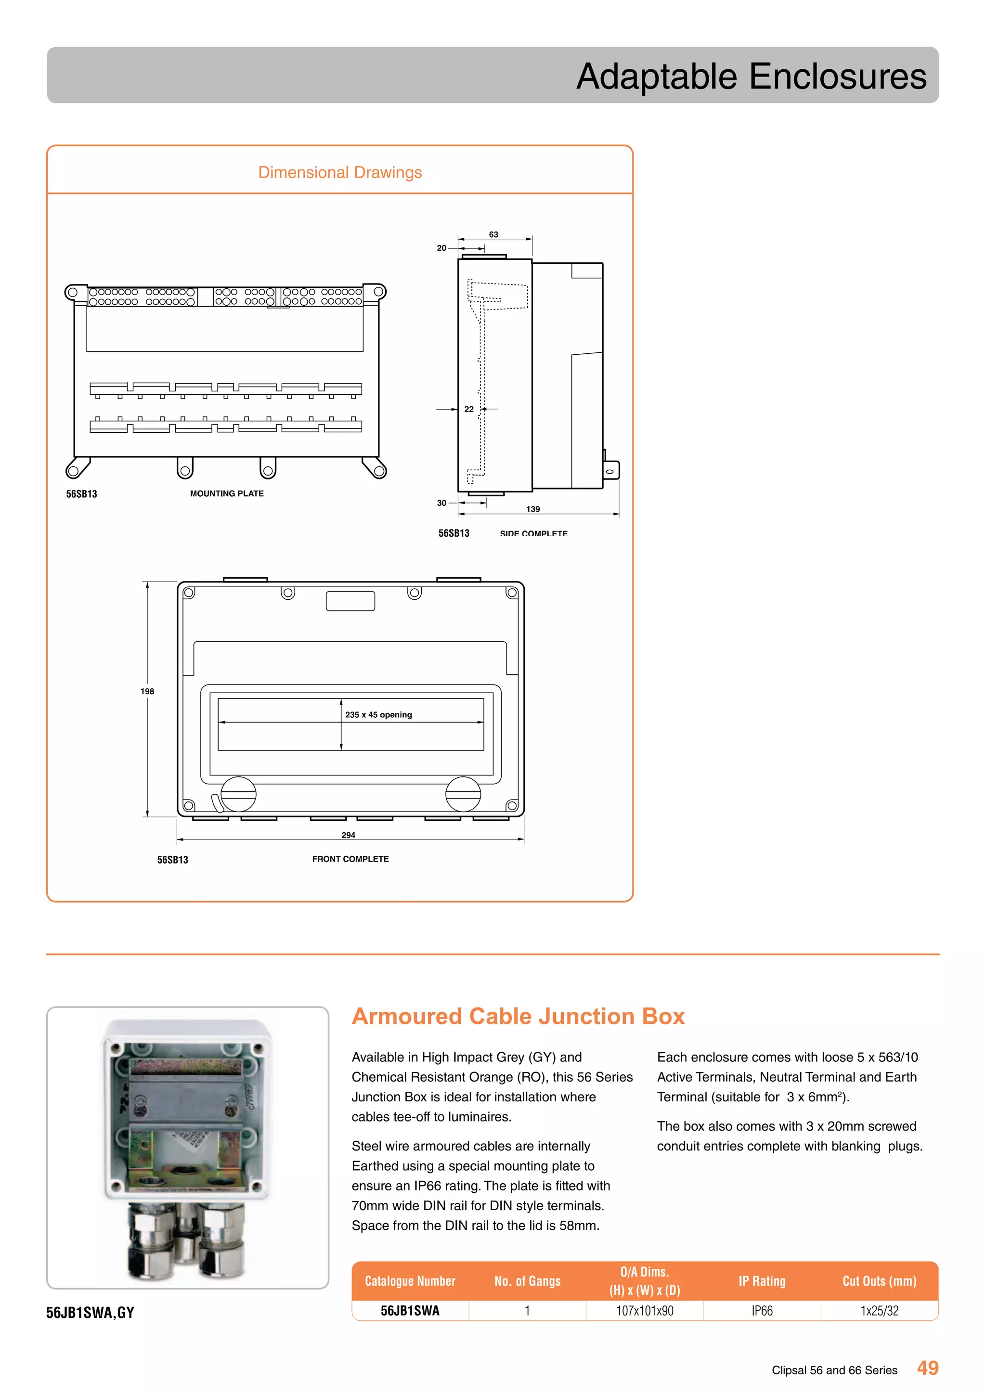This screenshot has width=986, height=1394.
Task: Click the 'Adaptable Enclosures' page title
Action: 751,77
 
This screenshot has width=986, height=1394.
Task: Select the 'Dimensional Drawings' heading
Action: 340,172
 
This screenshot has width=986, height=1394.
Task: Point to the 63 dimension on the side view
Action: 493,234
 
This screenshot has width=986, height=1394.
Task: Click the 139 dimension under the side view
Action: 533,509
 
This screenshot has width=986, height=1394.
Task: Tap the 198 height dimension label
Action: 147,691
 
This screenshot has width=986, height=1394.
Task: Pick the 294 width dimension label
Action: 349,835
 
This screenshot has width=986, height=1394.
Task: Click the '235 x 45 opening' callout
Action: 378,715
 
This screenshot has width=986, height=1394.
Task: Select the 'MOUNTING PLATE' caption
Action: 227,493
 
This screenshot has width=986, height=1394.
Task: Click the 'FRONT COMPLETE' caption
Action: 350,859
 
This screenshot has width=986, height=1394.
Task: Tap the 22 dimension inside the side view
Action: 469,409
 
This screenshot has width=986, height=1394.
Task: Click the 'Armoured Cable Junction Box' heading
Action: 518,1016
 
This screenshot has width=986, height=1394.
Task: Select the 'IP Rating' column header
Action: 762,1281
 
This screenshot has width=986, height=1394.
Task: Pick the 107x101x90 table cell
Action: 645,1311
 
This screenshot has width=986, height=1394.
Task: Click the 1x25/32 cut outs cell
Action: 879,1311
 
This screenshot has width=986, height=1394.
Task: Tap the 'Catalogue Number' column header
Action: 410,1281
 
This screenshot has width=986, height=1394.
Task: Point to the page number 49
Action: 928,1368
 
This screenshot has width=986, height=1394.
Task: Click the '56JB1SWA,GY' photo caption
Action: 91,1313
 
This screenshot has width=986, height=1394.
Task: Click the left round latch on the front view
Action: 239,794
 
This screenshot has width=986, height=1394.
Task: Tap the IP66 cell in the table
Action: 762,1311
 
